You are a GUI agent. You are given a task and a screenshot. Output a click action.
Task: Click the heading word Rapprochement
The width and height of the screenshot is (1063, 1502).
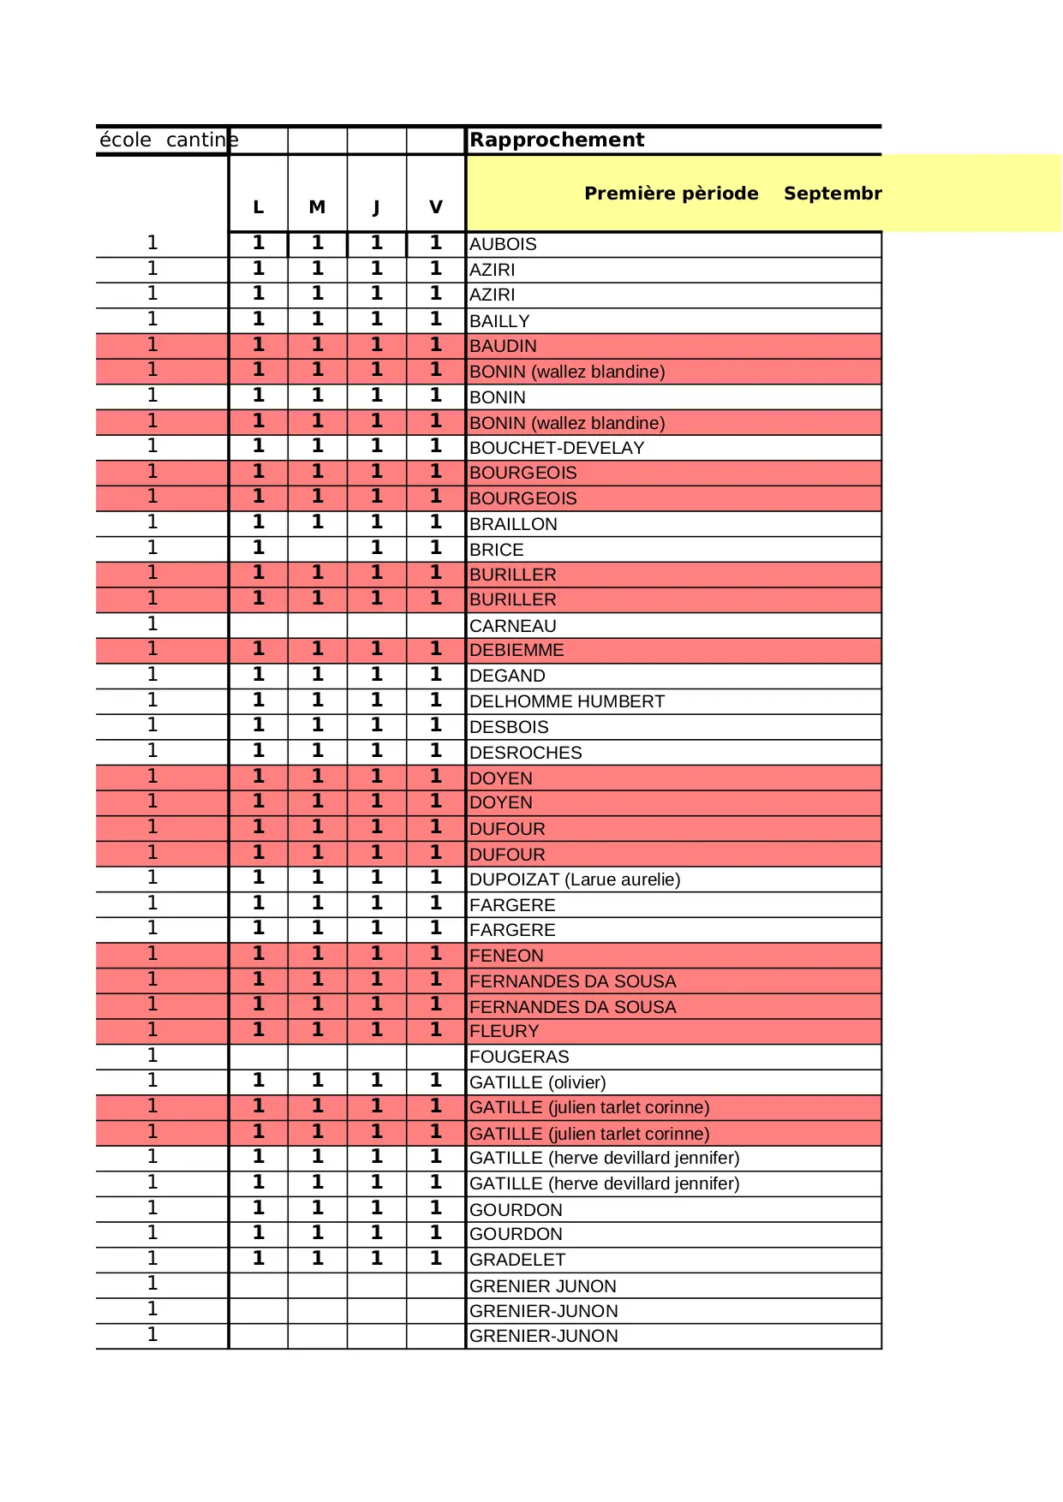click(557, 140)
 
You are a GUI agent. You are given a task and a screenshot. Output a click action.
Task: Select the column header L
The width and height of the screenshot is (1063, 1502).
click(258, 207)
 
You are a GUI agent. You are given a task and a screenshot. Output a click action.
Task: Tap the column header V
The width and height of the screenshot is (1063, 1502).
click(436, 207)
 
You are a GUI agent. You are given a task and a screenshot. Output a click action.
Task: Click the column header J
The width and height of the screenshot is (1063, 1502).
click(376, 207)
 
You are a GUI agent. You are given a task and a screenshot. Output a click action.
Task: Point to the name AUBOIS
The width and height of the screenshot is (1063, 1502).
click(503, 244)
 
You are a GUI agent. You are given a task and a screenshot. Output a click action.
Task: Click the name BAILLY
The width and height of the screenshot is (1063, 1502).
click(499, 321)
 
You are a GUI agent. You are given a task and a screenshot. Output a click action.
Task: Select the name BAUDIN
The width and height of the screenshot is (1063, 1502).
click(503, 346)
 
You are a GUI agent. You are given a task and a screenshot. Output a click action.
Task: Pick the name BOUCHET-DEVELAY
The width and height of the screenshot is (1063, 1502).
click(557, 448)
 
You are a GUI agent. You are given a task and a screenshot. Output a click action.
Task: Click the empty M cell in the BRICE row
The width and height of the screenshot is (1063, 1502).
click(317, 549)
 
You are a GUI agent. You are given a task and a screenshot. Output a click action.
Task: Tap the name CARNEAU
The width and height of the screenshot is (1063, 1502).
click(512, 626)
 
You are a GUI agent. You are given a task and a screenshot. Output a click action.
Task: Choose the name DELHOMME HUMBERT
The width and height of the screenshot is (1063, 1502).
click(567, 701)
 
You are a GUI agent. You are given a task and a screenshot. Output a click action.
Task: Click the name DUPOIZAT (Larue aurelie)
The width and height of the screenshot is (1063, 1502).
click(575, 879)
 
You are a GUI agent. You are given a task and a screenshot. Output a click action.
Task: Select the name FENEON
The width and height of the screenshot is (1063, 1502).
click(506, 956)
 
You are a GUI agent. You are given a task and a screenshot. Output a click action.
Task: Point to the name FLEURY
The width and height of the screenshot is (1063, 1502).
click(505, 1031)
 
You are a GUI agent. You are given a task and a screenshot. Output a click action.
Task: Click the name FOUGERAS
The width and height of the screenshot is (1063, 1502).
click(519, 1057)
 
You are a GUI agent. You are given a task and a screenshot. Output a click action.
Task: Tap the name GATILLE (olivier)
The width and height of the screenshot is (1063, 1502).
click(537, 1082)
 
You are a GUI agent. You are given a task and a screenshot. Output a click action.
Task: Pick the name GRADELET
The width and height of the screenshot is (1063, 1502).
click(517, 1260)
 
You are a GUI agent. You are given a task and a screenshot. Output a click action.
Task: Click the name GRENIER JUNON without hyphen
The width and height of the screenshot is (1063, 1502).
click(543, 1286)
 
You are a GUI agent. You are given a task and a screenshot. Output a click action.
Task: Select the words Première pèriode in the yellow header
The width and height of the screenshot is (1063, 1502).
click(671, 194)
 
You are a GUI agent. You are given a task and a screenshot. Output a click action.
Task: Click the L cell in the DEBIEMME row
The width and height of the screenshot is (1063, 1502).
click(258, 649)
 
